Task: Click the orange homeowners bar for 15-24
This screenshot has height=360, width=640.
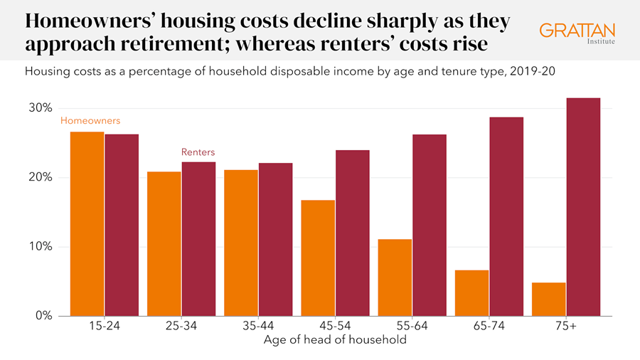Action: [x=87, y=224]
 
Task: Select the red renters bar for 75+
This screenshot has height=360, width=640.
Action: [x=583, y=207]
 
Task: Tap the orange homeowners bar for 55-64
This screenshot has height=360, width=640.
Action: [x=395, y=277]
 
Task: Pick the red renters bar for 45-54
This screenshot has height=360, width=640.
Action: [x=353, y=233]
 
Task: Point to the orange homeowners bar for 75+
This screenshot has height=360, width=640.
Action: [x=548, y=300]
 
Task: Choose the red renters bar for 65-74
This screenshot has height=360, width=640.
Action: [x=506, y=216]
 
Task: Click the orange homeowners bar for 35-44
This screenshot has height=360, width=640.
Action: [x=240, y=243]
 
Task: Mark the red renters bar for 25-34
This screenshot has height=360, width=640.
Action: [x=198, y=239]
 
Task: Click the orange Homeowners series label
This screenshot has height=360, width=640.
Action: [x=90, y=121]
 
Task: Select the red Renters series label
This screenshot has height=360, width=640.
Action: [x=198, y=152]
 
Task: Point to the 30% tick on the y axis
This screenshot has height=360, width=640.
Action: [x=41, y=108]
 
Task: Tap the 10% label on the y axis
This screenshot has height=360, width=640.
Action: [x=41, y=247]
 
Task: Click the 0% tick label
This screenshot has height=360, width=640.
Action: [x=43, y=316]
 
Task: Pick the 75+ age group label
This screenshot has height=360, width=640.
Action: [x=565, y=327]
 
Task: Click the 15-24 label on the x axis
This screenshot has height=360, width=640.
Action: [x=104, y=327]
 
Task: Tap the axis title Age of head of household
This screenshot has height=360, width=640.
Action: [x=335, y=340]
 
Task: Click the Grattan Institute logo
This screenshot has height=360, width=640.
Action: [x=577, y=33]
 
